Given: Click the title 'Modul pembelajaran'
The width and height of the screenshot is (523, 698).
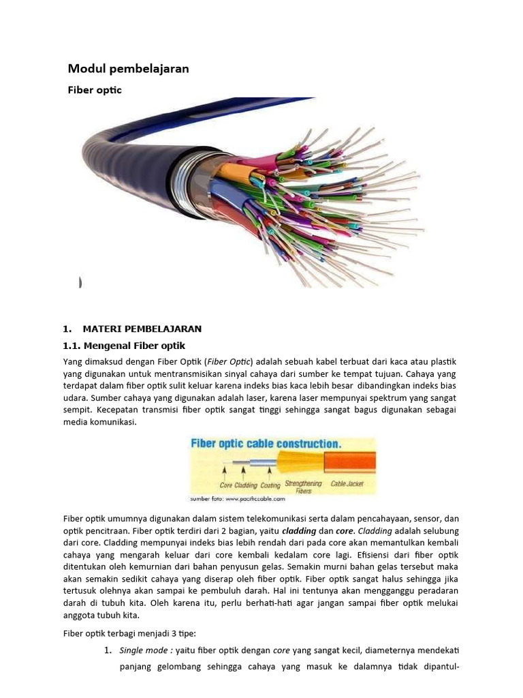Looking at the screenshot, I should coord(128,69).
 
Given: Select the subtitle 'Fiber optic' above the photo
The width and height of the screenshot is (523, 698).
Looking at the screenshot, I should coord(94,90).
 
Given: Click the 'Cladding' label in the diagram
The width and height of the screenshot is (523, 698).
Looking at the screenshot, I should coord(246,485).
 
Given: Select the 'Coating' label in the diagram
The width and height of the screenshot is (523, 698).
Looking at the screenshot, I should coord(270,485).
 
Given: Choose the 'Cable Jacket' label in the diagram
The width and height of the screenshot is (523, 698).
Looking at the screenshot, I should coord(347,484).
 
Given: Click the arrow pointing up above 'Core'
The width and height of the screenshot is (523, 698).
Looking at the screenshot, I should coord(223,472).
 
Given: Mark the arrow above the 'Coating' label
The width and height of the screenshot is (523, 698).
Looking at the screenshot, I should coord(270,472).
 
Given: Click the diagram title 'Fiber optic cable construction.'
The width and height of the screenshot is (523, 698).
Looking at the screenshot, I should coord(266,444).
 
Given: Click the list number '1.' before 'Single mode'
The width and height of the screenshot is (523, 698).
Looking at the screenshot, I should coord(108,650).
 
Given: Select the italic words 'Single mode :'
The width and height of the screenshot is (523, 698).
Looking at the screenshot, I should coord(146,650).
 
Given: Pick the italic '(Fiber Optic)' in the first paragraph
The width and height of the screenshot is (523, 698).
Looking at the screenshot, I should coord(229,361).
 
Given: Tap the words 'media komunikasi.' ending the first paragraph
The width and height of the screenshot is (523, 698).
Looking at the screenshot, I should coord(100,422).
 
